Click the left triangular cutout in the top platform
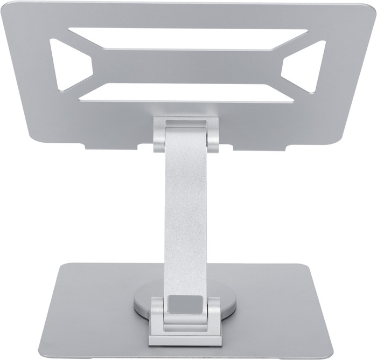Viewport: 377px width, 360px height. (67, 63)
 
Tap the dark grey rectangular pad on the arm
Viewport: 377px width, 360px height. (184, 306)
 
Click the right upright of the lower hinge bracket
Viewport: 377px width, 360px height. (214, 318)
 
